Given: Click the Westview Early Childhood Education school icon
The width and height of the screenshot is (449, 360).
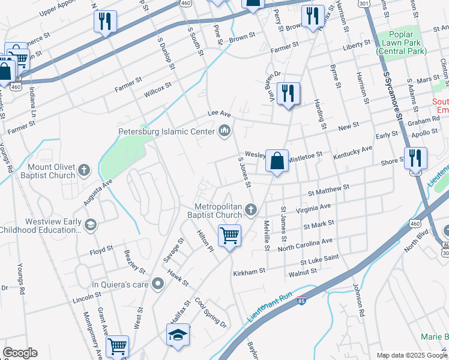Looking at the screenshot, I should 90,225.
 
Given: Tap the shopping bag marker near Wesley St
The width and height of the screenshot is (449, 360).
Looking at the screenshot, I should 277,161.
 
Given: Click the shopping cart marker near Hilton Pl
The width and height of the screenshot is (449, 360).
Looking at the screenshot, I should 229,236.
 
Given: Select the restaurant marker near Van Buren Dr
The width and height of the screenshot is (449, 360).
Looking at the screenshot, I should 289,94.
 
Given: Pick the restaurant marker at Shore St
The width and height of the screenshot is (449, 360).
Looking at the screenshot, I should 415,158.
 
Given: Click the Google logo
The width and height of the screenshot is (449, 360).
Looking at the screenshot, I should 20,353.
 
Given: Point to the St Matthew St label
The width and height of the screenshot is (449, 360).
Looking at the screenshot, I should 328,190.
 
